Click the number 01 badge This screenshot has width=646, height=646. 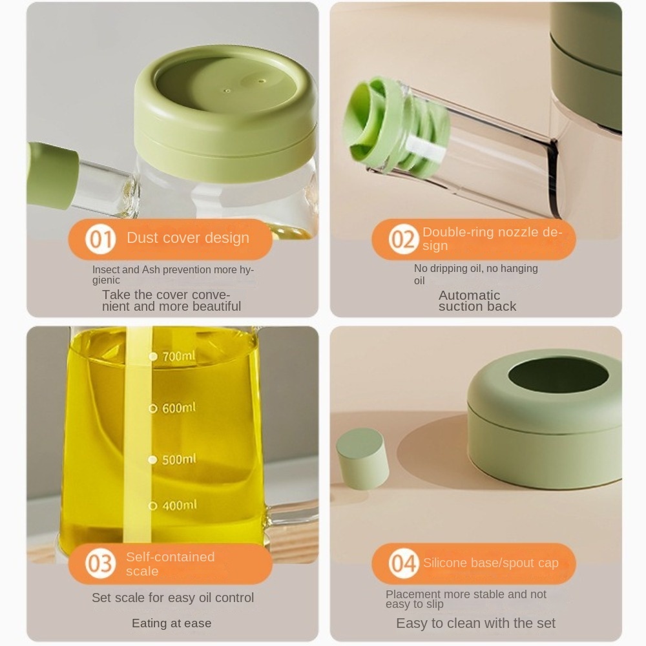(x=100, y=239)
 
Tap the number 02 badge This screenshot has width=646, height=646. (x=403, y=239)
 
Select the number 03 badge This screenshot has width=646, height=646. (x=100, y=563)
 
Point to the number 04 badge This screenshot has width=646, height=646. (x=403, y=563)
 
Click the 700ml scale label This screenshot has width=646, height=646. (x=178, y=356)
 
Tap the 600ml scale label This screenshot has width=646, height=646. (x=178, y=408)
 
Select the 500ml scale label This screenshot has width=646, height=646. (x=179, y=459)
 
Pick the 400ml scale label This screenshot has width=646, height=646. (x=179, y=505)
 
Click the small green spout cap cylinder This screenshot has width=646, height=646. (x=362, y=458)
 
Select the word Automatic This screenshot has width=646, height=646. (x=469, y=295)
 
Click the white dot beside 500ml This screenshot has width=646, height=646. (x=152, y=459)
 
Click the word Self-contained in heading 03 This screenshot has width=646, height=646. (x=170, y=557)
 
